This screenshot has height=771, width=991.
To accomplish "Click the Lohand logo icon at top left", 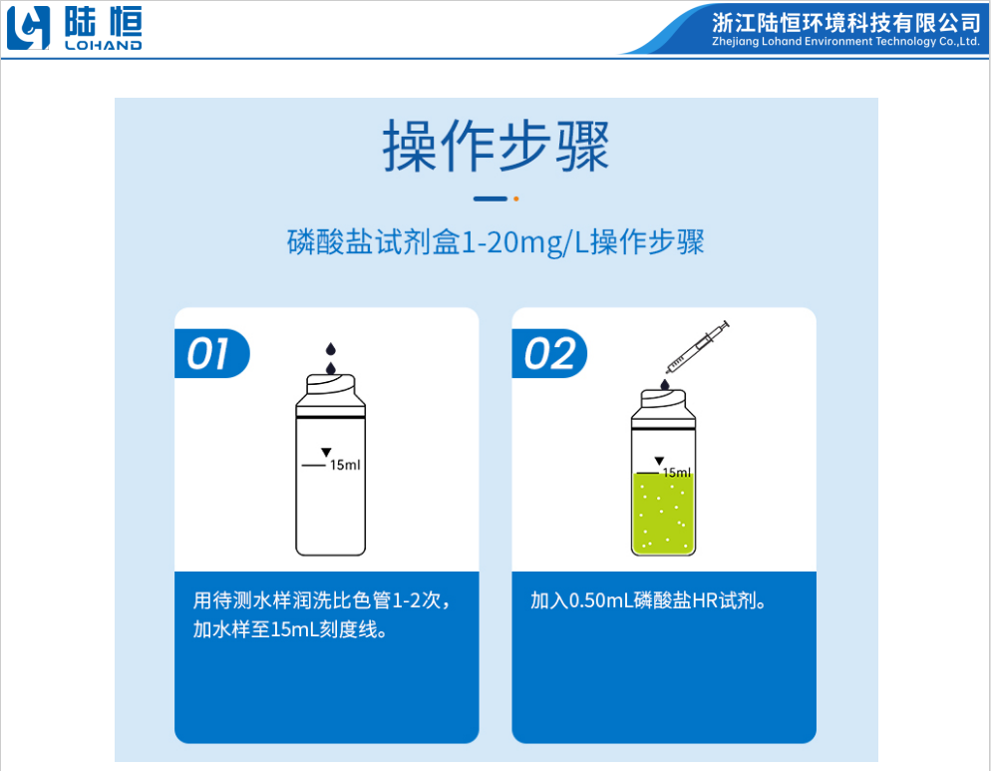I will (x=28, y=29).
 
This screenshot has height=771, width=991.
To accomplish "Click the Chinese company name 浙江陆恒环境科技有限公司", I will (x=846, y=23).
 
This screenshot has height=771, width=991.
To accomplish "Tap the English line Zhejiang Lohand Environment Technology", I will (x=846, y=42).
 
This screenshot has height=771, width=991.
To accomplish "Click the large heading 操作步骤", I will (x=495, y=148).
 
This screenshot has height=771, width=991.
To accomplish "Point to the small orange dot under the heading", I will (x=515, y=198).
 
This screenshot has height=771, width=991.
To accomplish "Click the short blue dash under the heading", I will (x=490, y=198).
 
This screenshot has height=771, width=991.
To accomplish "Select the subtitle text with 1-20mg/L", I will (x=495, y=243).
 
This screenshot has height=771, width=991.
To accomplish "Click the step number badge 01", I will (x=209, y=354).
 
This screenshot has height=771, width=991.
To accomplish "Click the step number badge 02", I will (x=549, y=354).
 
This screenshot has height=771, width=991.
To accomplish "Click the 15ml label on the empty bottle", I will (x=345, y=465).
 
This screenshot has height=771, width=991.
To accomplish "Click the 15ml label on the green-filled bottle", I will (x=676, y=472).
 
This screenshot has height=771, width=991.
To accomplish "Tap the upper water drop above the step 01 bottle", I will (x=331, y=348).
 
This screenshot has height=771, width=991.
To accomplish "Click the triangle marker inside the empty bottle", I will (x=325, y=454).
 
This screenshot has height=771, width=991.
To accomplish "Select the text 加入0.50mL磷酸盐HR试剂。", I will (x=647, y=601).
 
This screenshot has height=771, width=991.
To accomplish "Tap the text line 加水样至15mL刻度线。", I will (x=290, y=630).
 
